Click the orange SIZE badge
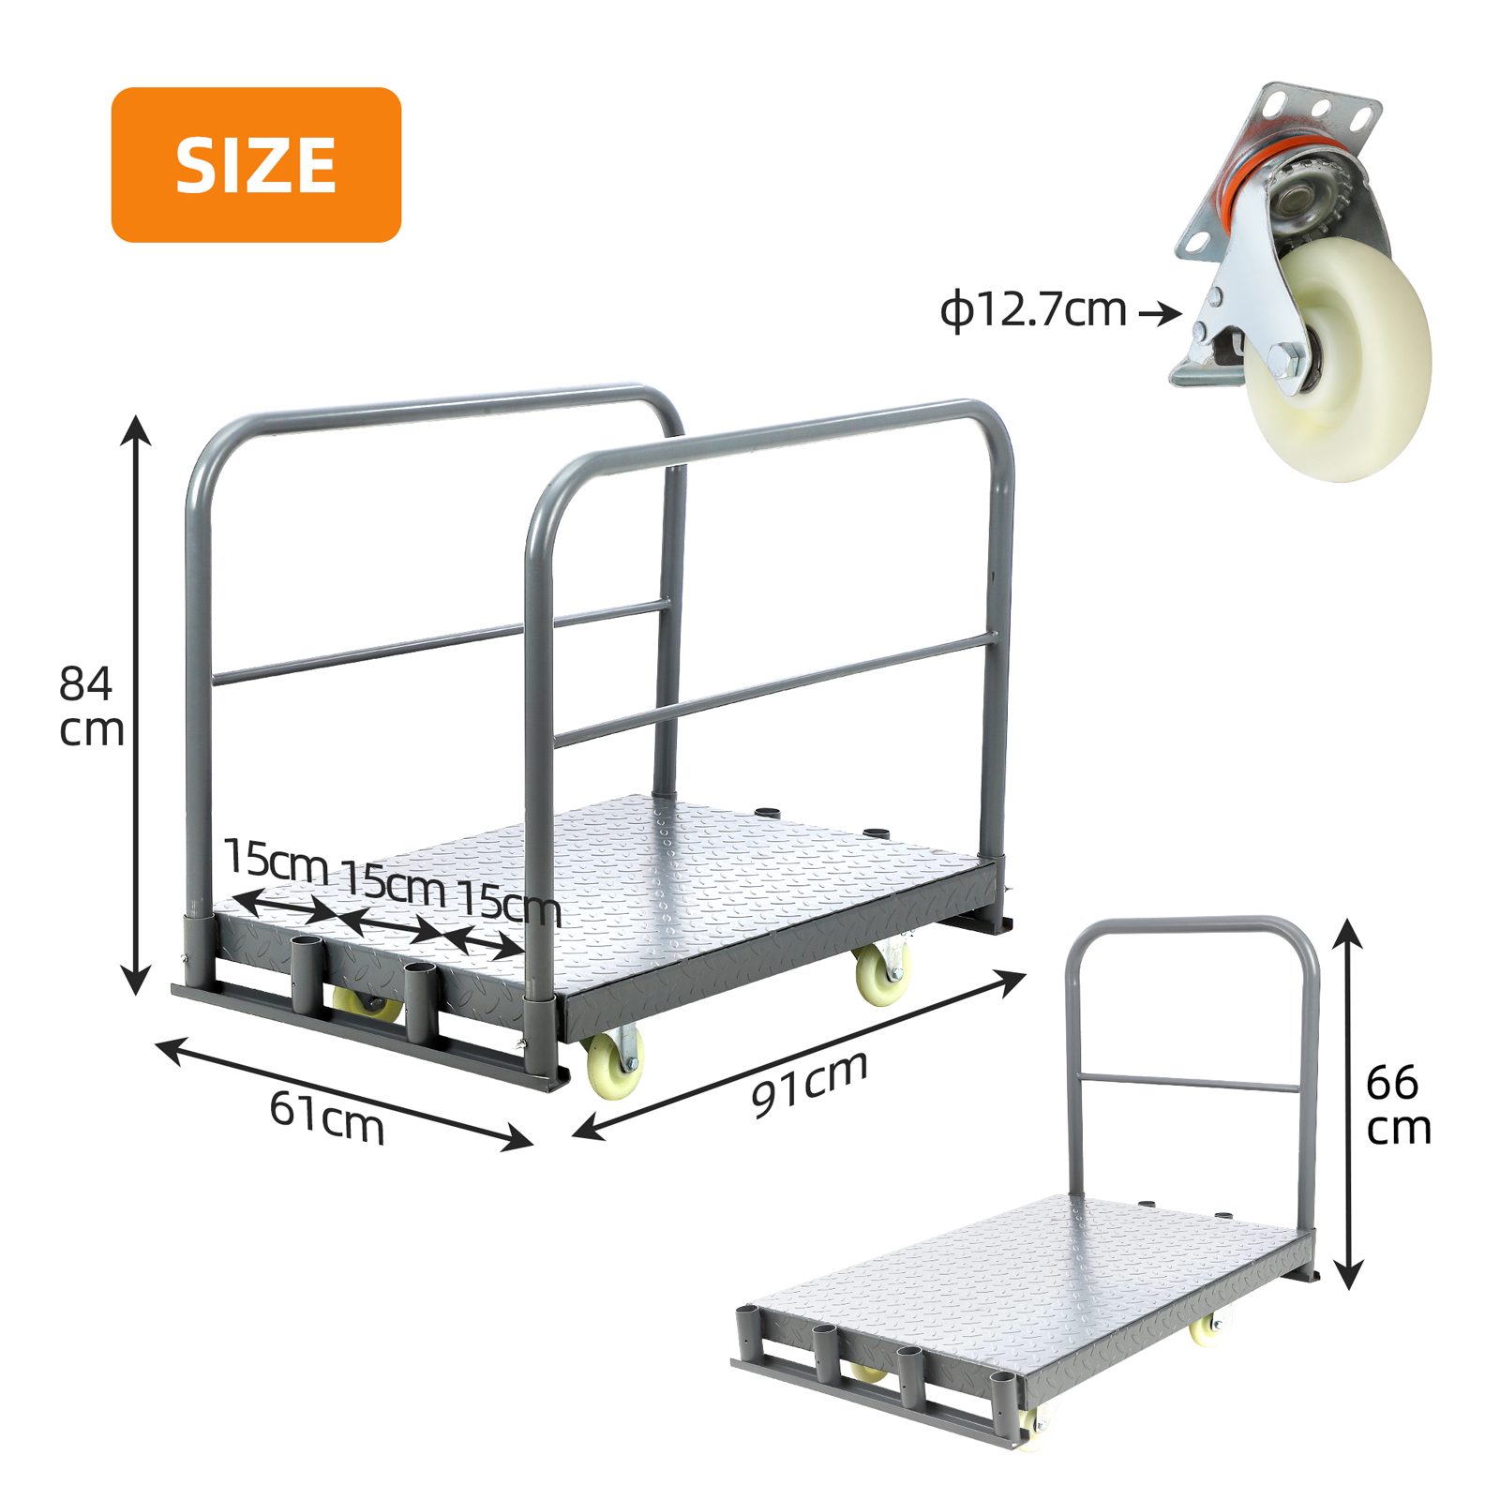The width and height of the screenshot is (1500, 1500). pyautogui.click(x=256, y=165)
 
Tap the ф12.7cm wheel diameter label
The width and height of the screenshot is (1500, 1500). pyautogui.click(x=1033, y=309)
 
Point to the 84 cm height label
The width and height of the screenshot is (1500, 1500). pyautogui.click(x=91, y=707)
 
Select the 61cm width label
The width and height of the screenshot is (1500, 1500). pyautogui.click(x=327, y=1118)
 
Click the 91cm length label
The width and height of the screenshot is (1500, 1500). pyautogui.click(x=809, y=1084)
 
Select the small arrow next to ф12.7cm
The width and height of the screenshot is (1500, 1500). pyautogui.click(x=1161, y=312)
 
